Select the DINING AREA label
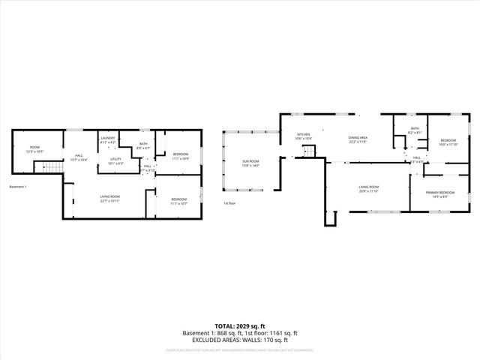357,139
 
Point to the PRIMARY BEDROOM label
440,194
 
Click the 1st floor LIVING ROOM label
368,188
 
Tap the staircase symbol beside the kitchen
308,152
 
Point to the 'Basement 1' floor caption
18,186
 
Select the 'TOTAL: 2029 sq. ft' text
239,326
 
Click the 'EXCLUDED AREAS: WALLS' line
239,339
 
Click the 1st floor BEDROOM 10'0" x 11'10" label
448,142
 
